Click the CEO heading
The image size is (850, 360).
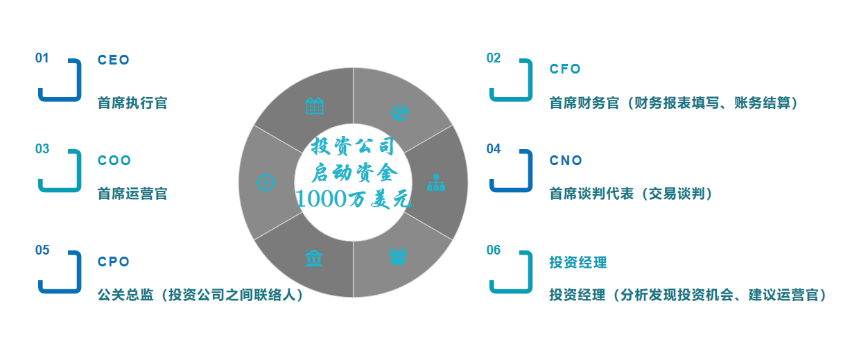point(114,60)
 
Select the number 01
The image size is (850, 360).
point(42,58)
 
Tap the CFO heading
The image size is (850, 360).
point(565,69)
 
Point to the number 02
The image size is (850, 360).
point(494,58)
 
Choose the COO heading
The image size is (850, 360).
point(114,161)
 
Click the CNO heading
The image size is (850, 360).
point(566,161)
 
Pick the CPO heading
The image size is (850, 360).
point(114,262)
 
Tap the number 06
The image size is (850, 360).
point(494,250)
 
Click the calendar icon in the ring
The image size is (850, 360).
point(315,106)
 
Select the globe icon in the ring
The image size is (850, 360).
point(399,113)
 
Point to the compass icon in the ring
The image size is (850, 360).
point(266,182)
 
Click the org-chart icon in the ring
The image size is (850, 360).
point(436,182)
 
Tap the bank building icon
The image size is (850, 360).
point(314,258)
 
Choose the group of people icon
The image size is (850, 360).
point(398,257)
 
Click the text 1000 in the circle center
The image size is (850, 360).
point(322,198)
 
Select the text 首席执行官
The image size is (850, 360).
point(132,103)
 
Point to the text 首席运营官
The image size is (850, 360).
point(132,194)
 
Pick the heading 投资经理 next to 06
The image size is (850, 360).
point(578,262)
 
